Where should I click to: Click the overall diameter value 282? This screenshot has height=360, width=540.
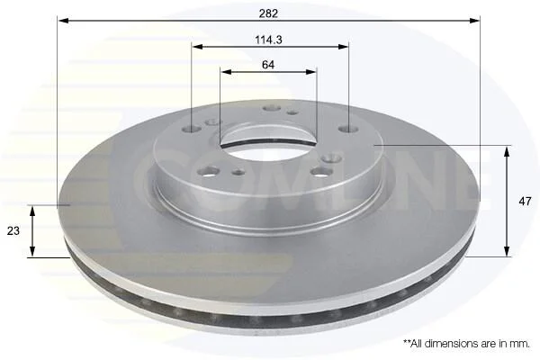[268, 13]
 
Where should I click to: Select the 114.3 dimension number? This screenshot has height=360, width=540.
[268, 40]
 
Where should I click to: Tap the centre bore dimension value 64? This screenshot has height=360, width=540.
[268, 65]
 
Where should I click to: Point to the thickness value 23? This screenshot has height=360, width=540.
[13, 230]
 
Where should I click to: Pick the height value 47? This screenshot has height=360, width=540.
[525, 202]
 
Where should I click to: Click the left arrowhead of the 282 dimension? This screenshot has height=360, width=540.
[64, 21]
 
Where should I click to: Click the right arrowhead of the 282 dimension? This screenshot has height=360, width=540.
[474, 21]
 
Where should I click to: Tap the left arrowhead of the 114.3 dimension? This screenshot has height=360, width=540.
[197, 47]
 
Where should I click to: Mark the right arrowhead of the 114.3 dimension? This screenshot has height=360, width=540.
[344, 47]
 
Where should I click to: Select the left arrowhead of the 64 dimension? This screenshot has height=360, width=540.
[226, 72]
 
